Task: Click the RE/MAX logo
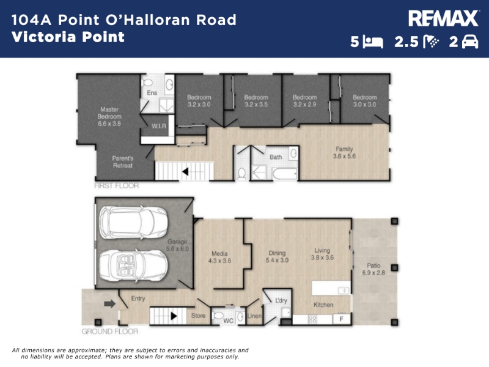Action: [443, 18]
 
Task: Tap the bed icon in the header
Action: [373, 42]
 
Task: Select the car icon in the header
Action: [469, 42]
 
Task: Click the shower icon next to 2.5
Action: [431, 42]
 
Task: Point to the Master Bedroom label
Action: [109, 116]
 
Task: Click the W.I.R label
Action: [159, 126]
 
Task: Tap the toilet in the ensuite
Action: [147, 83]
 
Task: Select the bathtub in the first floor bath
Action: [285, 174]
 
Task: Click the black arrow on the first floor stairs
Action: [185, 171]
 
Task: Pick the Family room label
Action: [344, 152]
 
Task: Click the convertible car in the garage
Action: [133, 265]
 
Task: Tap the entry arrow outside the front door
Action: [110, 303]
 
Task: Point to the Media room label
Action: [219, 257]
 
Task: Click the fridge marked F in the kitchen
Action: [342, 319]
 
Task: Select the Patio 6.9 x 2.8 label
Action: [373, 269]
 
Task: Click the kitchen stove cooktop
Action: [312, 319]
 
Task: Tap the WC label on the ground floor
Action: [228, 321]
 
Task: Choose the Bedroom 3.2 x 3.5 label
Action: [256, 101]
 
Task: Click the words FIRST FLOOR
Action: [116, 186]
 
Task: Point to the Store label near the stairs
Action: [198, 316]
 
